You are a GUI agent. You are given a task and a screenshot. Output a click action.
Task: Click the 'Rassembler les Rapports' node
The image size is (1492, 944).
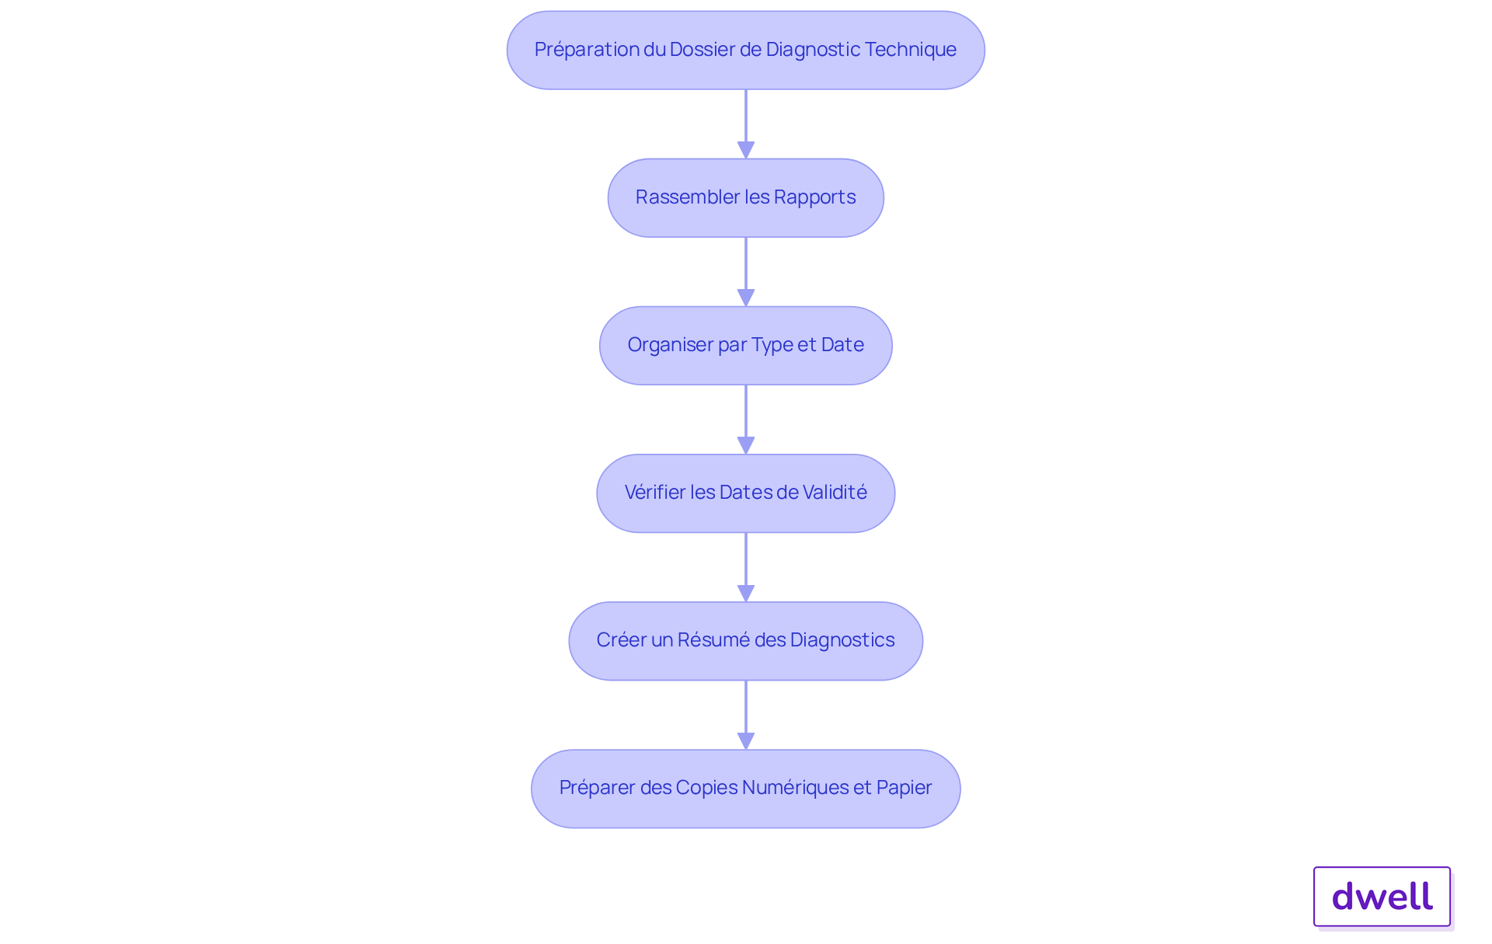point(746,198)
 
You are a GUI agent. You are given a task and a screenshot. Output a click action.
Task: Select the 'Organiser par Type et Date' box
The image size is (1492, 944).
point(746,346)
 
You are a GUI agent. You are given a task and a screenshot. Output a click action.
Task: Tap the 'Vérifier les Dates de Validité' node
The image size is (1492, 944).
point(746,493)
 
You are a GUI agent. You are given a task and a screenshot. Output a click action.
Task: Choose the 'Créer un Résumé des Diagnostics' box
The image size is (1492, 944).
point(746,641)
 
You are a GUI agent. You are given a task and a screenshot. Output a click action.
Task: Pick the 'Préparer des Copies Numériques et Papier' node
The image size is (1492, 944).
point(746,789)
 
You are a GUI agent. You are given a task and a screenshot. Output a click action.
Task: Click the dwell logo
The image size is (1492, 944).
point(1382,897)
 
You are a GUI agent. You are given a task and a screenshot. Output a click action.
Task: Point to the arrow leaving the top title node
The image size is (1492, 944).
point(746,124)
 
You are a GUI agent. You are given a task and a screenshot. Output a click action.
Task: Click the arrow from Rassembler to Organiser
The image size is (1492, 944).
point(746,272)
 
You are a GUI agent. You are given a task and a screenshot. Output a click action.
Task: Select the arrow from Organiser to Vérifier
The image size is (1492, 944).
point(746,420)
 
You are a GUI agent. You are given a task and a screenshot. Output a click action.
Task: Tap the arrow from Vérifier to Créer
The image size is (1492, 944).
point(746,567)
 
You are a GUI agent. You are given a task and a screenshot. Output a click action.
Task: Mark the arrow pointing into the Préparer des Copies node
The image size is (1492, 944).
point(746,715)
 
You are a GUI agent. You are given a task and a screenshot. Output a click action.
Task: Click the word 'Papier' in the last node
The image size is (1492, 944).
point(904,787)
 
